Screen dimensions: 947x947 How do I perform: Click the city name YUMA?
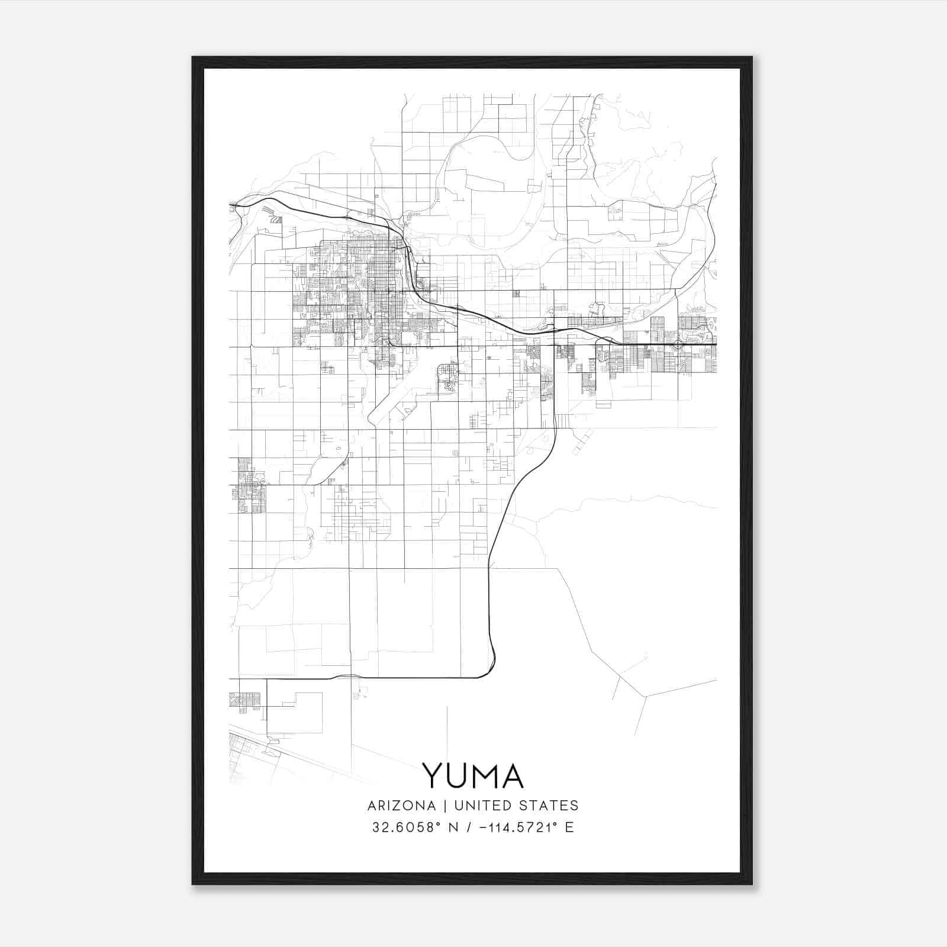tap(473, 775)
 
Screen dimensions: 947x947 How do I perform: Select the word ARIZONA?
tap(401, 806)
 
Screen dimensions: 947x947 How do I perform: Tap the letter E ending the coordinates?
tap(569, 827)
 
